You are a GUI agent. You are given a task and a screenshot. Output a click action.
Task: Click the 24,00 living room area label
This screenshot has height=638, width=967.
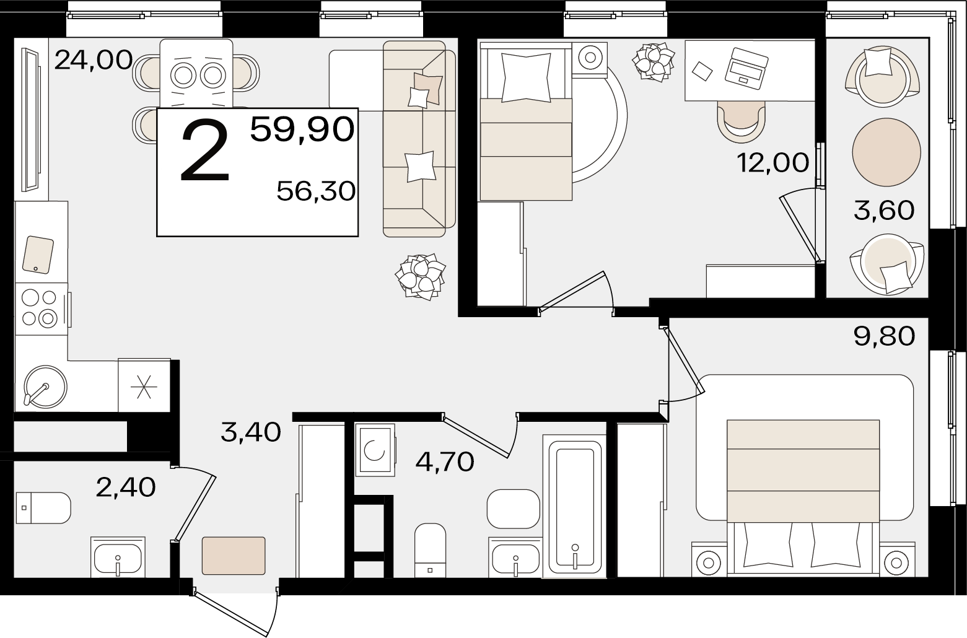coord(94,60)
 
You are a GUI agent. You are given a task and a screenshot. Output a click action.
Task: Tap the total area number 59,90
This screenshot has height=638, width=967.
coord(302,129)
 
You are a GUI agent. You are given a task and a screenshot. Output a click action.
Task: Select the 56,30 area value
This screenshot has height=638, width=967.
coord(316,191)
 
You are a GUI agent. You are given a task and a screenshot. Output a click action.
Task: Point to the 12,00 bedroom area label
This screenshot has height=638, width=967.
coord(772,163)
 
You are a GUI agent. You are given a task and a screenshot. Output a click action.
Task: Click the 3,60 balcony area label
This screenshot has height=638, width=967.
coord(884,211)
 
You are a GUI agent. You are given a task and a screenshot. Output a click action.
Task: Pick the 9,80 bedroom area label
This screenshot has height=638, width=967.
coord(884,336)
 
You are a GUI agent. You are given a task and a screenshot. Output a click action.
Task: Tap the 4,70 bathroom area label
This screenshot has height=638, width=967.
coord(445,462)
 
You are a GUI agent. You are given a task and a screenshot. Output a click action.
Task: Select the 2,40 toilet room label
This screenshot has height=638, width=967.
coord(126,487)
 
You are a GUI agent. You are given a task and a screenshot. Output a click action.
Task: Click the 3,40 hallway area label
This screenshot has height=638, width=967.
coord(251,432)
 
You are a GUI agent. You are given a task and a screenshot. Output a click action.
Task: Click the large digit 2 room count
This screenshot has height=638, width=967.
coord(204,151)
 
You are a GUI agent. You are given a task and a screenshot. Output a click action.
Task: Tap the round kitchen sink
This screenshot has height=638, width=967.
coord(45,387)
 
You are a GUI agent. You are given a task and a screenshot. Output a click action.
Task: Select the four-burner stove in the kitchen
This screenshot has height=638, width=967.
coord(41,309)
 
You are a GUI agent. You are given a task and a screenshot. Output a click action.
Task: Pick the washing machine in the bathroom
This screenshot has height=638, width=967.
coord(375,450)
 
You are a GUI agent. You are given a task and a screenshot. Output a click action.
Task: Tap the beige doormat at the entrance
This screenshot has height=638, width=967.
coord(234,556)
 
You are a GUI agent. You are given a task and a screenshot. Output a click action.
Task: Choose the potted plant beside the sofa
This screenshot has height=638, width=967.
coord(420,277)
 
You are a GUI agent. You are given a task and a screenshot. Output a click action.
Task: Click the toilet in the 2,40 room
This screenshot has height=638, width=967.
coord(43,508)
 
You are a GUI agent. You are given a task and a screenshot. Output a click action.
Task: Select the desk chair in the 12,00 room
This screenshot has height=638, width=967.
coord(741,122)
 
